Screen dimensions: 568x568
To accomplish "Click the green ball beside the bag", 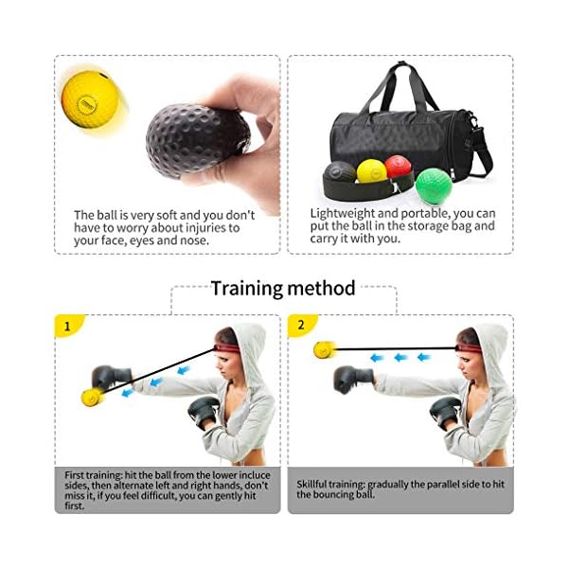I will coord(434,184).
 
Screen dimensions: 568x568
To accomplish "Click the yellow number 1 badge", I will coord(67,326).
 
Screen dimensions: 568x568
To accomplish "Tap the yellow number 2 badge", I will coord(301,325).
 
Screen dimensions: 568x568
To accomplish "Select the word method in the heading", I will coord(325,288).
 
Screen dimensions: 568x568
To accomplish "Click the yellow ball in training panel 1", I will coord(92,398).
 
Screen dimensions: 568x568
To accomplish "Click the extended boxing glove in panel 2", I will coord(352,380).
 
